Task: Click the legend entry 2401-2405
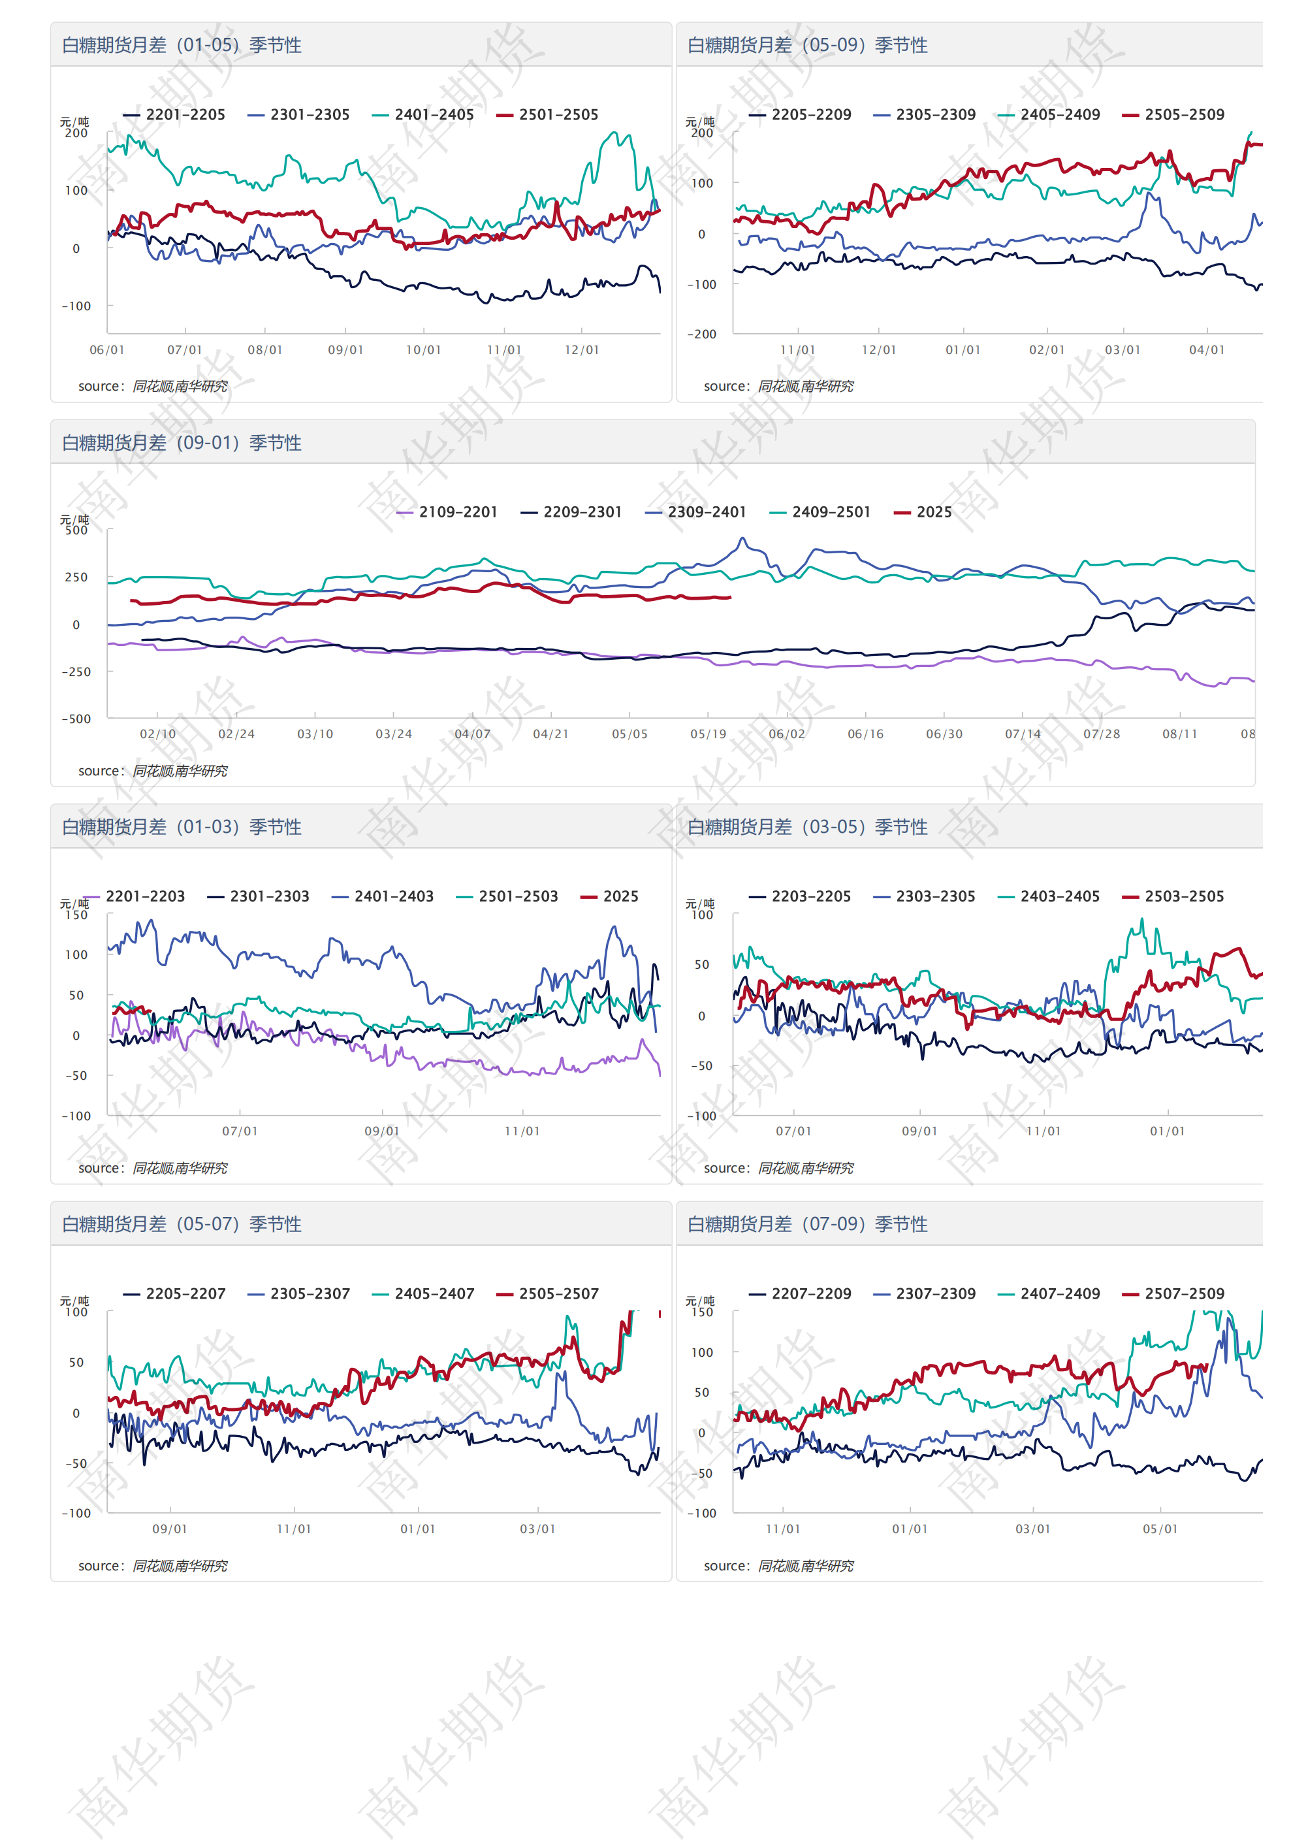click(433, 115)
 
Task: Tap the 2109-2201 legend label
click(457, 513)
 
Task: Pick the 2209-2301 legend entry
click(582, 513)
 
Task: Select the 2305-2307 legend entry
click(310, 1294)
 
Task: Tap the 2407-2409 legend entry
click(1059, 1294)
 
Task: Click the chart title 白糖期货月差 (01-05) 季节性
click(182, 45)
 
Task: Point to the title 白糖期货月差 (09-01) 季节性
click(182, 443)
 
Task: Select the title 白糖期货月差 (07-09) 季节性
click(807, 1224)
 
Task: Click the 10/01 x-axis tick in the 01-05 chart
click(423, 350)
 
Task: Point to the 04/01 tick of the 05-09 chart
click(1206, 350)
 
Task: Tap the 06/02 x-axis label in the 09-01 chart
click(786, 734)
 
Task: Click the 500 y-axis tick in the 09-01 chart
click(76, 530)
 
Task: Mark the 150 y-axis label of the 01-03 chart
click(76, 915)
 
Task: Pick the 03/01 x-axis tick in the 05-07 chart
click(537, 1529)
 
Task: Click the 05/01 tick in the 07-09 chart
click(1160, 1529)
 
